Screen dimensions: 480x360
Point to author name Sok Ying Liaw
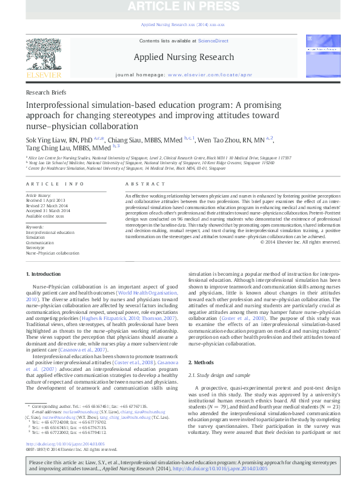point(48,139)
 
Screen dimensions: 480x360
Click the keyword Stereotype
point(35,248)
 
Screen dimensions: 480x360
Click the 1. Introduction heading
point(44,275)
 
